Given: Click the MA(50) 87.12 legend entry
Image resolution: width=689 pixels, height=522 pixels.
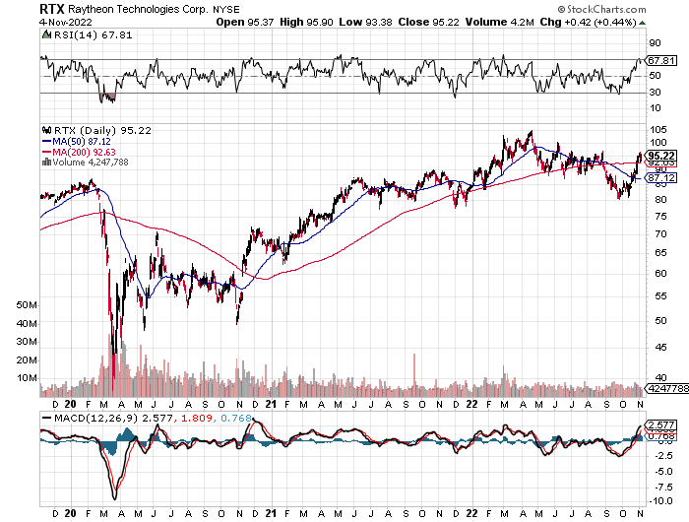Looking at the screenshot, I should pos(81,141).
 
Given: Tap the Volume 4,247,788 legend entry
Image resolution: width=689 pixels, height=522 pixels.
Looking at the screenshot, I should pos(91,163).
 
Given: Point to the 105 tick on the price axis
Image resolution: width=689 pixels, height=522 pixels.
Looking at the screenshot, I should pos(657,129).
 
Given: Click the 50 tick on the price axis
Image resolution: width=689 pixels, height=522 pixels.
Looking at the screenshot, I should pos(655,320).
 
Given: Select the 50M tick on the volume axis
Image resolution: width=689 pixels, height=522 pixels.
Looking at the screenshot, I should pos(27,305).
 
